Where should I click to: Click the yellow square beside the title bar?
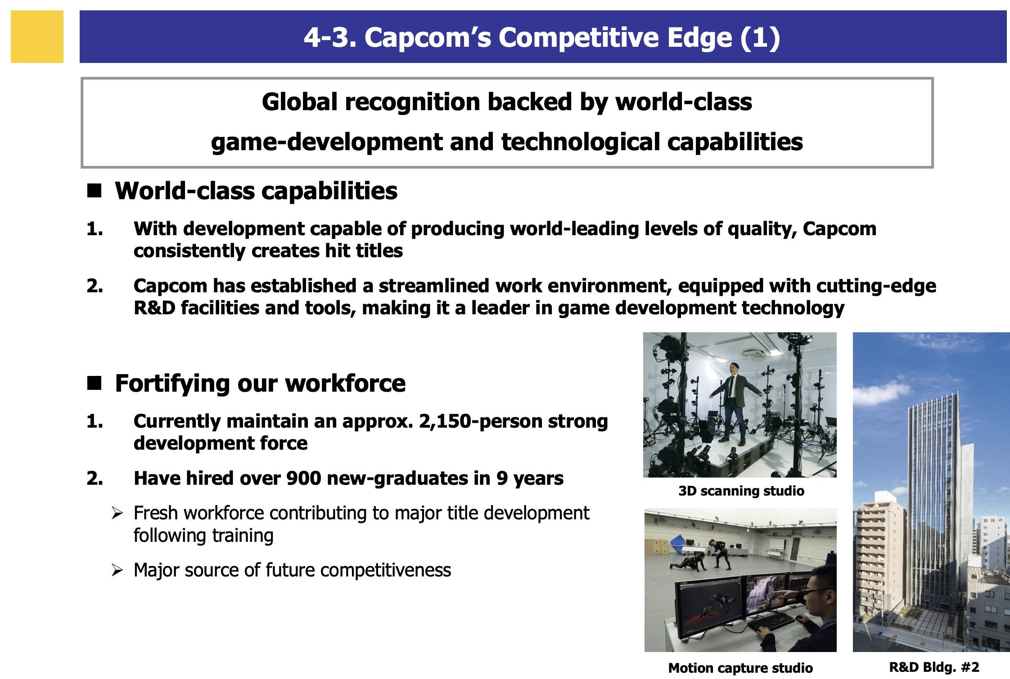click(37, 36)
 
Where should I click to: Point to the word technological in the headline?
click(581, 142)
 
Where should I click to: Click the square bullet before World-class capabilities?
click(95, 192)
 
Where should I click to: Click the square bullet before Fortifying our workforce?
click(95, 384)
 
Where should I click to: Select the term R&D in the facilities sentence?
click(154, 308)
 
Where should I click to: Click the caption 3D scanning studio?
click(741, 491)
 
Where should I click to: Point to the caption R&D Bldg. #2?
click(934, 667)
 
